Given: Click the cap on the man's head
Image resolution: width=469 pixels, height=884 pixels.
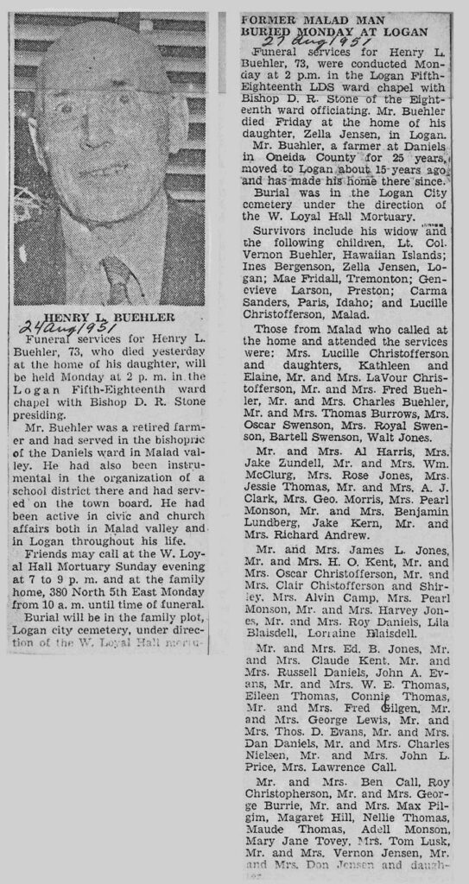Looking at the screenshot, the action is (99, 60).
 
